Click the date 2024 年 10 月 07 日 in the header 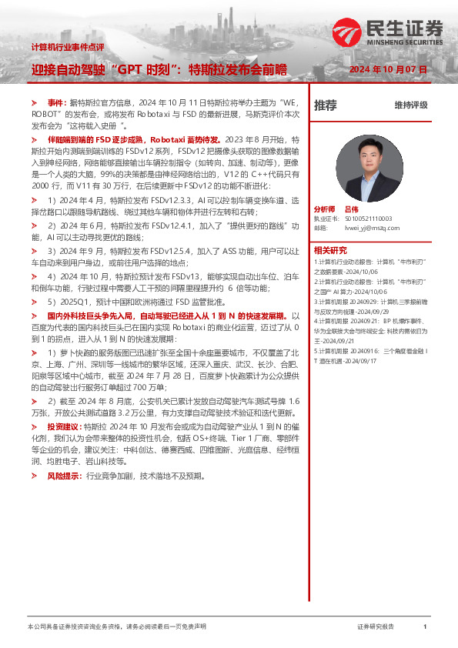(388, 69)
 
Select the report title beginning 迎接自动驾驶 (159, 69)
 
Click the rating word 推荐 (326, 105)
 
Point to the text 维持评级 (410, 105)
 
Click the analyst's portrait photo (369, 169)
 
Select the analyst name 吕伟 (351, 209)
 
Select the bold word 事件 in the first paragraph (55, 102)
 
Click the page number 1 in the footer (425, 627)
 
